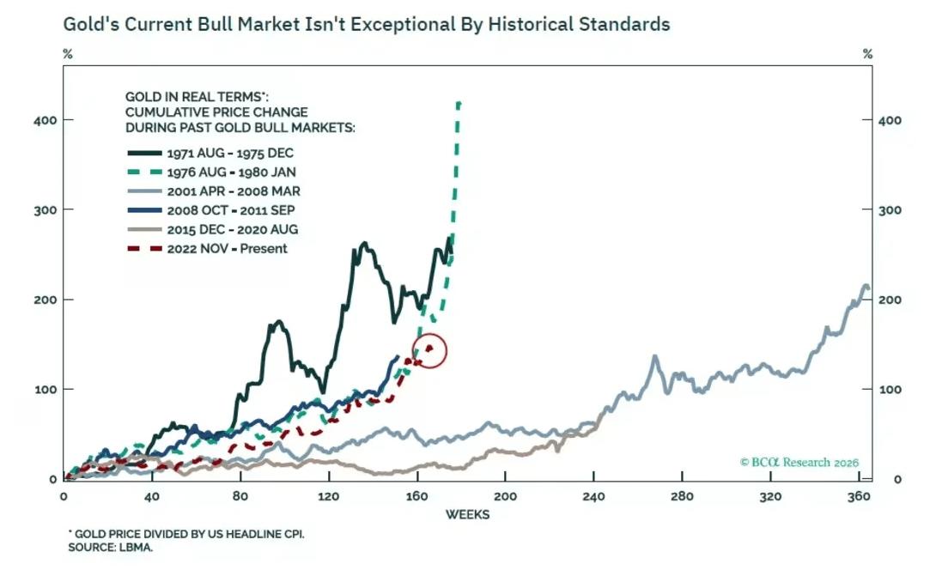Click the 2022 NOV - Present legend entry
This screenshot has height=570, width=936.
pyautogui.click(x=218, y=249)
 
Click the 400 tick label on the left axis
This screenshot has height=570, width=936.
pyautogui.click(x=46, y=120)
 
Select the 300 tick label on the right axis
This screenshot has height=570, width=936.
pyautogui.click(x=890, y=210)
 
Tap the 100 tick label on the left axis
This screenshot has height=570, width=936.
pyautogui.click(x=46, y=390)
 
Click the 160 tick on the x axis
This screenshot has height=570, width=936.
pyautogui.click(x=417, y=497)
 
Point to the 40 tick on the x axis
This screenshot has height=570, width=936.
pyautogui.click(x=153, y=497)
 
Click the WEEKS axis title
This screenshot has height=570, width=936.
pyautogui.click(x=467, y=515)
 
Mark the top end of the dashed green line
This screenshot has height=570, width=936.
pyautogui.click(x=459, y=104)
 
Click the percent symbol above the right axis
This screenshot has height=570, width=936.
pyautogui.click(x=868, y=54)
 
